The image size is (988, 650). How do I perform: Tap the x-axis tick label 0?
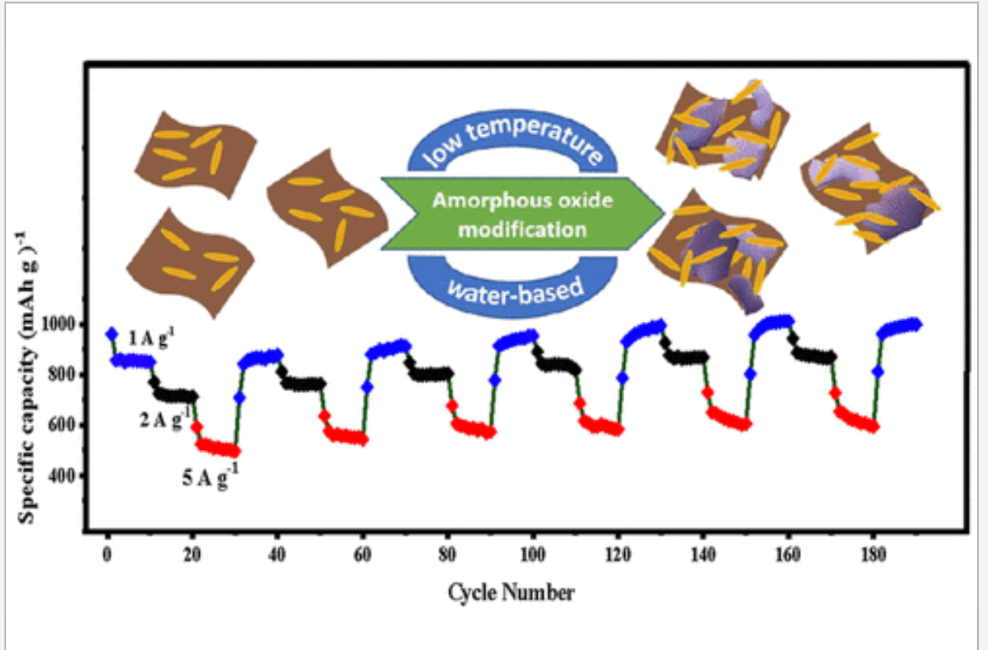107,554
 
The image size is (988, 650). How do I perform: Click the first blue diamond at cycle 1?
112,333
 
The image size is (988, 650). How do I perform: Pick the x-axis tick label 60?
362,554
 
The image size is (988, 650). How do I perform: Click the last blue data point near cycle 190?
916,323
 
